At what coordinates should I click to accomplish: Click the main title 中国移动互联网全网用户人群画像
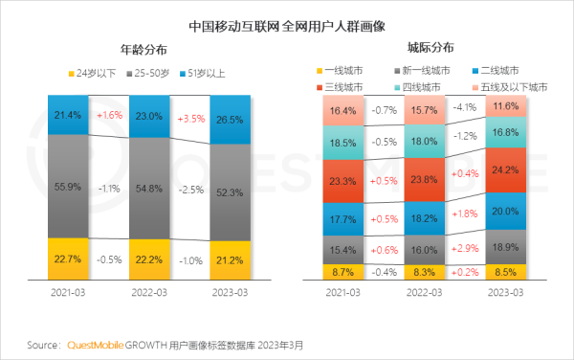(x=287, y=17)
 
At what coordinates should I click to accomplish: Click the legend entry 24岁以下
(x=91, y=73)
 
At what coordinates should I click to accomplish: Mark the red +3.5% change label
(x=190, y=120)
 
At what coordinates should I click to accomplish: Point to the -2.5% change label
(x=190, y=191)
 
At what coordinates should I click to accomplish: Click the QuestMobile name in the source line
(x=94, y=344)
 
